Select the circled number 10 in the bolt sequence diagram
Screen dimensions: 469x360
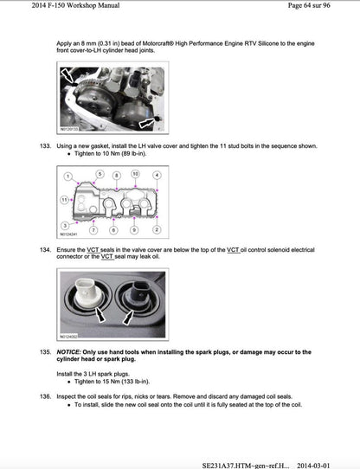134,174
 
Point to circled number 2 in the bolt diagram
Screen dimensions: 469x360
157,229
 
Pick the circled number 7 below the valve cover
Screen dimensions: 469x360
91,229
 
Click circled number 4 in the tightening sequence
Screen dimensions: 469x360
155,174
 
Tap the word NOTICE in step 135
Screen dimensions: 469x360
70,352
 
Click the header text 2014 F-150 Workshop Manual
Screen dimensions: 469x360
48,7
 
